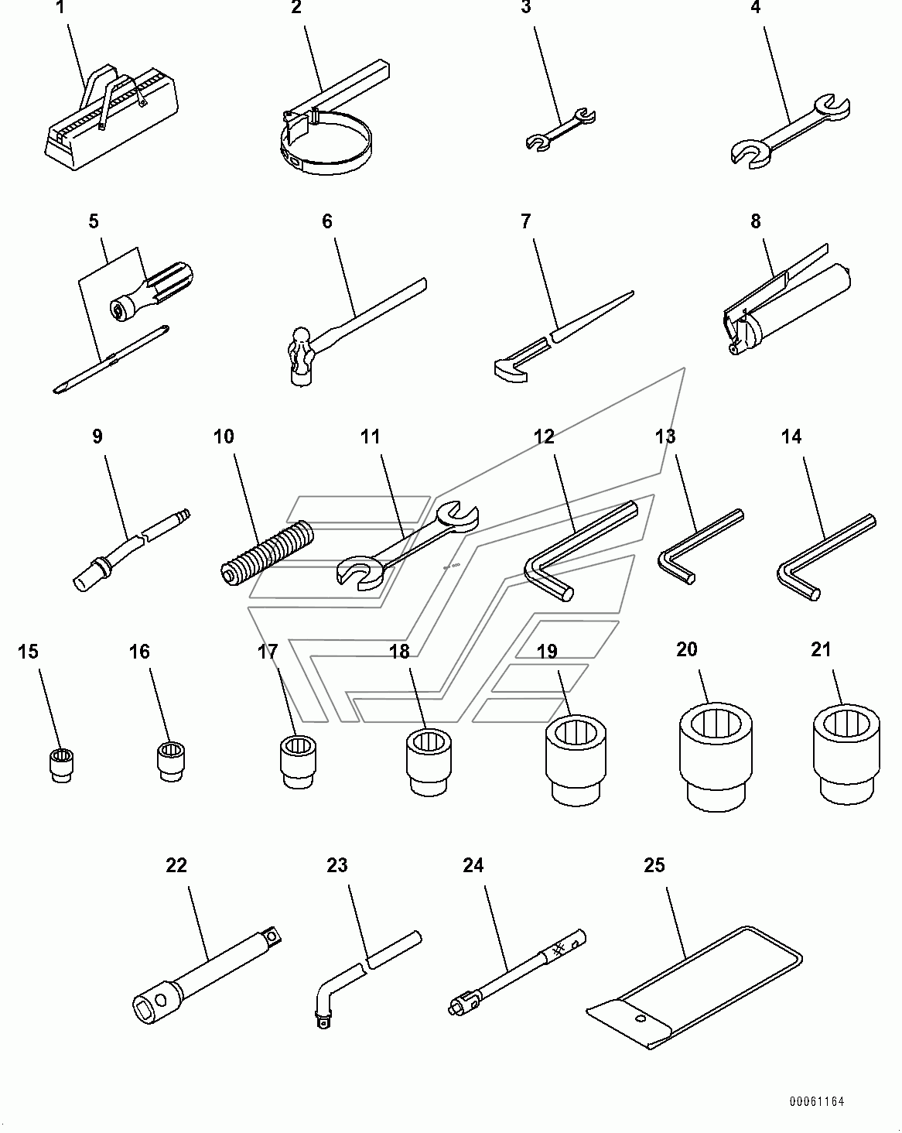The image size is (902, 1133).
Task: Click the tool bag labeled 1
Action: (x=111, y=118)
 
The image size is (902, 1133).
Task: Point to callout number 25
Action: (x=654, y=865)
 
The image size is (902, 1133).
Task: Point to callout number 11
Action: (x=370, y=436)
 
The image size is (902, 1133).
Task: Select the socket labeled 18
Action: (x=429, y=762)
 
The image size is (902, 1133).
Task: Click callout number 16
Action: (x=139, y=652)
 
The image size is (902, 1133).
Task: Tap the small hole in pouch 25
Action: (x=641, y=1018)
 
